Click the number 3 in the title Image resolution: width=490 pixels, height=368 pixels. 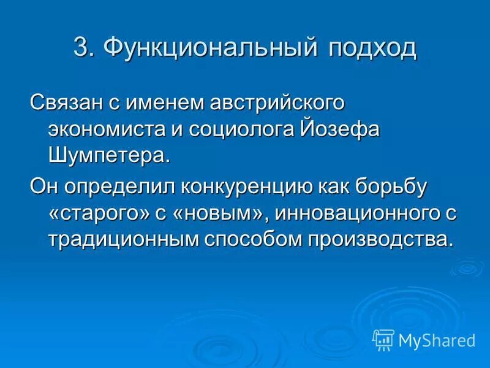[81, 48]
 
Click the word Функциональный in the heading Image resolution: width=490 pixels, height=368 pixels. [206, 48]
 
